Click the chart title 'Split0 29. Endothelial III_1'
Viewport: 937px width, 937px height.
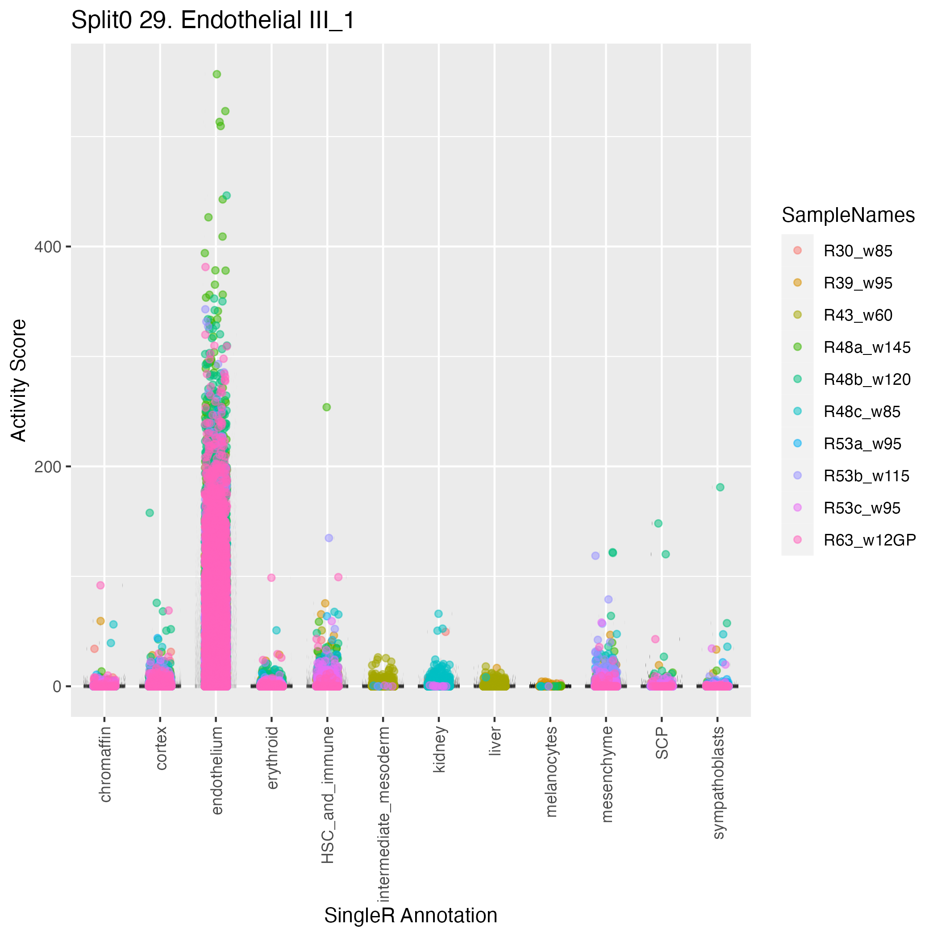pos(213,21)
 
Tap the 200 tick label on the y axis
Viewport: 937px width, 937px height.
pos(47,466)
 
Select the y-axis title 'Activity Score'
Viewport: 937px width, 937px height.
pos(19,380)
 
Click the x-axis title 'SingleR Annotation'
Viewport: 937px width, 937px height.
pos(410,915)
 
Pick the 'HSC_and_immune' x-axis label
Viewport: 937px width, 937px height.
pos(328,795)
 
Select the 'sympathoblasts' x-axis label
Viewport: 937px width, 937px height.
pos(718,783)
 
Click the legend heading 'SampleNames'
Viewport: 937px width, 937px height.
pos(848,215)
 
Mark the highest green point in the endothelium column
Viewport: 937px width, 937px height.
pos(217,74)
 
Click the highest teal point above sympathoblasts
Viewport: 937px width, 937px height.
pos(720,487)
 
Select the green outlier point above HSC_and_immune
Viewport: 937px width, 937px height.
pos(327,408)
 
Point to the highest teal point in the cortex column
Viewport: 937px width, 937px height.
pos(150,512)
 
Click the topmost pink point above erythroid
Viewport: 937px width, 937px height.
pos(271,578)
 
